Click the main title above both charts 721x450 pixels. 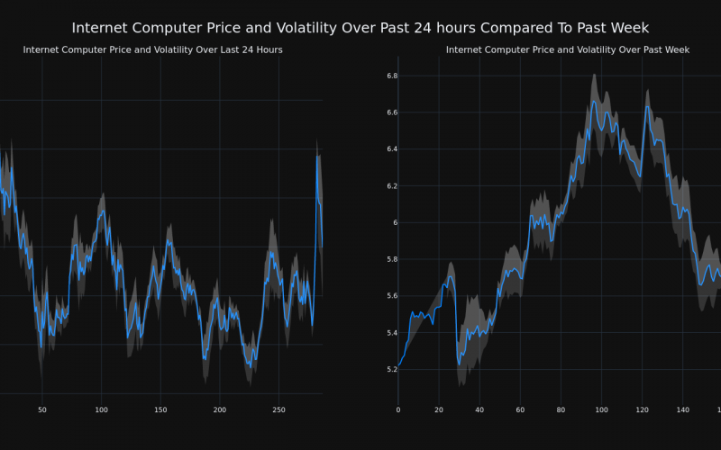[x=360, y=28]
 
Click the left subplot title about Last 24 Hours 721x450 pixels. [x=152, y=49]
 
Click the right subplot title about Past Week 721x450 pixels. [x=568, y=49]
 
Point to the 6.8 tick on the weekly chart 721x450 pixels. [x=391, y=76]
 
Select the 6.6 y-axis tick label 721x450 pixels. [x=391, y=112]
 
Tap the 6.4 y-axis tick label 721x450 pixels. [x=391, y=149]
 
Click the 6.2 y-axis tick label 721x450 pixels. [x=391, y=186]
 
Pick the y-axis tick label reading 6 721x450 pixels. [x=395, y=222]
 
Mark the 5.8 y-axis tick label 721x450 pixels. [x=391, y=259]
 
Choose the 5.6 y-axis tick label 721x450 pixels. [x=391, y=296]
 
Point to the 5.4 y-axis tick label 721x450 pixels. [x=391, y=333]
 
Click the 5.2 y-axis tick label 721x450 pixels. [x=391, y=369]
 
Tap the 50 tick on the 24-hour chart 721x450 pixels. [x=41, y=409]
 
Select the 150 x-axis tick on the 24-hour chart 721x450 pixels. [x=160, y=409]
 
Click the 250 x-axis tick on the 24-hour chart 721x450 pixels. [x=278, y=409]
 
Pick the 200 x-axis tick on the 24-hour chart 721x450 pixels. [x=220, y=409]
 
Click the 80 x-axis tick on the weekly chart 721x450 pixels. [x=561, y=409]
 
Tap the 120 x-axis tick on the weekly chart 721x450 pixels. [x=642, y=409]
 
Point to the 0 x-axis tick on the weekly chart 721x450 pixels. [x=398, y=409]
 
